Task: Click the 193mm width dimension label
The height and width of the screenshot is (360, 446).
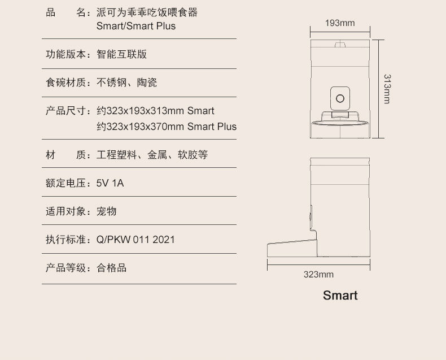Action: pyautogui.click(x=340, y=23)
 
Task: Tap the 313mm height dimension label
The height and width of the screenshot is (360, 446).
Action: pyautogui.click(x=386, y=88)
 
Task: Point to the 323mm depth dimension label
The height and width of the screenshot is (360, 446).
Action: pyautogui.click(x=318, y=275)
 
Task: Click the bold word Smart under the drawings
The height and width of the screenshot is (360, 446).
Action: pyautogui.click(x=340, y=296)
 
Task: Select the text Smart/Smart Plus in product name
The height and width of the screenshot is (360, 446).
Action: pyautogui.click(x=135, y=26)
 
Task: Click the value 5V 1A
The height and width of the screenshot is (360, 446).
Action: pyautogui.click(x=110, y=183)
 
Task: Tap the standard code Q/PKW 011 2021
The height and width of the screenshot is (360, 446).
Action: pyautogui.click(x=135, y=240)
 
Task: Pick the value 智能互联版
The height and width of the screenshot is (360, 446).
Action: pyautogui.click(x=121, y=54)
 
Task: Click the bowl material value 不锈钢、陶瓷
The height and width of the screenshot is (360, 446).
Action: pyautogui.click(x=126, y=83)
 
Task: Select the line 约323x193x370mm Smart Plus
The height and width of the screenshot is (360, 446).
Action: pyautogui.click(x=167, y=127)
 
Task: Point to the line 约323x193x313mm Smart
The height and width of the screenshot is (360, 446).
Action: pyautogui.click(x=155, y=111)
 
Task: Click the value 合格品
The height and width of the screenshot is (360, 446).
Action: pyautogui.click(x=111, y=268)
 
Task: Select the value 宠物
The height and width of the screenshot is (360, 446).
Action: pyautogui.click(x=106, y=211)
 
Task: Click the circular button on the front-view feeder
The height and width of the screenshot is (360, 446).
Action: pyautogui.click(x=339, y=98)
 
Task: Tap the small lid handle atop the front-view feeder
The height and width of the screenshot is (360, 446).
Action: pyautogui.click(x=339, y=45)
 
